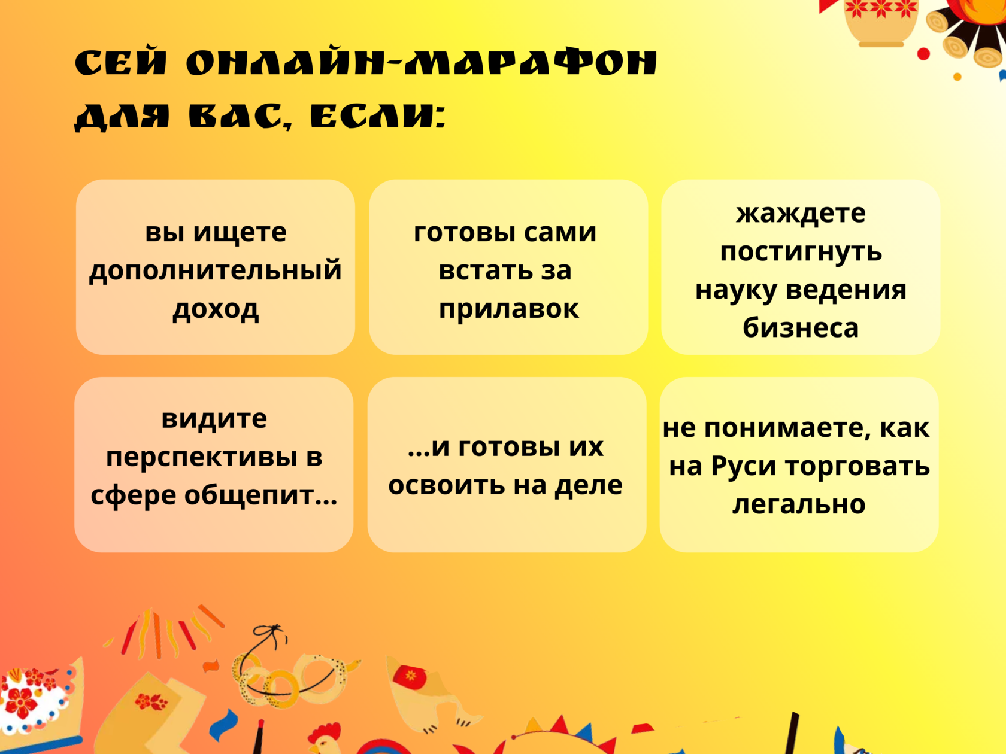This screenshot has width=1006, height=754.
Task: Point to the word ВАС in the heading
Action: coord(237,116)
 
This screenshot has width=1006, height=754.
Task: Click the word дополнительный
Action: coord(216,272)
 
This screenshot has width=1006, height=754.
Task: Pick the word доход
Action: coord(216,309)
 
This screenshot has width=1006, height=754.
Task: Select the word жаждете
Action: coord(801,214)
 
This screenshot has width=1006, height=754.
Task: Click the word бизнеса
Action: coord(801,328)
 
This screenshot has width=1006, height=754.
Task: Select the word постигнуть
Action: coord(801,253)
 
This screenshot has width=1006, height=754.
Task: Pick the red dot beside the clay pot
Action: coord(923,54)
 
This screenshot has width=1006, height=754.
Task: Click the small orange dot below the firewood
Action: coord(957,77)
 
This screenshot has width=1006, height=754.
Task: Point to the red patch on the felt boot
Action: coord(410,677)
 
